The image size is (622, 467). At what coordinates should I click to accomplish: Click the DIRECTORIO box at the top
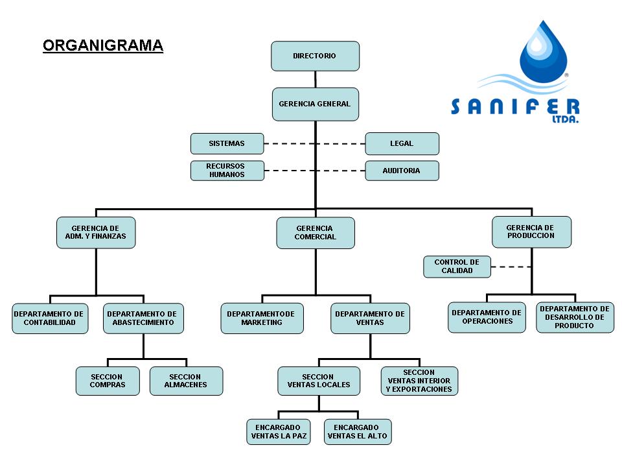(315, 56)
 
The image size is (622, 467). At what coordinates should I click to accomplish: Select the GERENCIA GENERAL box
(315, 104)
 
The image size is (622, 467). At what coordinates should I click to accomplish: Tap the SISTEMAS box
(227, 143)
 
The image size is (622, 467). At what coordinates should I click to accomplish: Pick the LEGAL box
(402, 143)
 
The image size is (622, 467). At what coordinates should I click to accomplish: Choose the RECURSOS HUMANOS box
(227, 171)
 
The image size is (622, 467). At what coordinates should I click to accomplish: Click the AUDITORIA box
(402, 171)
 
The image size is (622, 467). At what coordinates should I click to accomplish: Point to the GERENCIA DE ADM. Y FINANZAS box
(96, 233)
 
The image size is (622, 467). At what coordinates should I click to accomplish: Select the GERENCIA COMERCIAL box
(316, 233)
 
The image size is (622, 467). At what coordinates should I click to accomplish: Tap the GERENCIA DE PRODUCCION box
(531, 232)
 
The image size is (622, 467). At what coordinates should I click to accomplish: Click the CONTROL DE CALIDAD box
(457, 267)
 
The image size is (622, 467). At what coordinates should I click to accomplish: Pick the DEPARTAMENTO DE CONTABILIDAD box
(50, 318)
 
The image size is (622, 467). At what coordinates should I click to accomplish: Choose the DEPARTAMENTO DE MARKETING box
(262, 318)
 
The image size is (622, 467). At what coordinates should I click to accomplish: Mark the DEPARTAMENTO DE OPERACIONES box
(487, 317)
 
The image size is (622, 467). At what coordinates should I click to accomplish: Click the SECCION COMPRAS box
(108, 381)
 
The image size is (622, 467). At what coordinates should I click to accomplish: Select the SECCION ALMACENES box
(186, 381)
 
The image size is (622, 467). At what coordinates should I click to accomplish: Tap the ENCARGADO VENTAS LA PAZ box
(278, 432)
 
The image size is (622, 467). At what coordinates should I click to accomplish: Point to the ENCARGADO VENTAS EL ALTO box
(358, 432)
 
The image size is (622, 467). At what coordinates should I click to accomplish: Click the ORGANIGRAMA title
(103, 45)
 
